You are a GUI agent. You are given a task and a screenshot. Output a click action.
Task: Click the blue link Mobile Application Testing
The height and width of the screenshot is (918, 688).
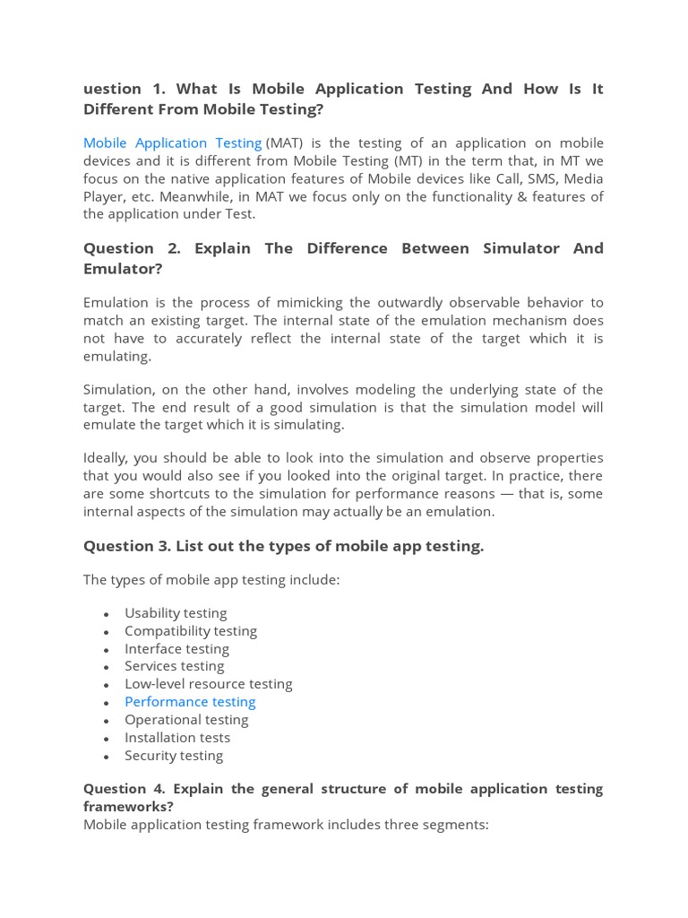pos(172,143)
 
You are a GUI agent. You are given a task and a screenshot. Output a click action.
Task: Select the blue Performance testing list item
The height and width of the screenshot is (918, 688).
pos(190,702)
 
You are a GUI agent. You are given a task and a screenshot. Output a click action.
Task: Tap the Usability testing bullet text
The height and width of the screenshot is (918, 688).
pos(176,613)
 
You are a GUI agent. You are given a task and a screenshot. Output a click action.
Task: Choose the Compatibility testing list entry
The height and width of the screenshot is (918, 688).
pos(191,631)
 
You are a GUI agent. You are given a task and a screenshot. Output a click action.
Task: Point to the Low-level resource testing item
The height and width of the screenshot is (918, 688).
pos(209,684)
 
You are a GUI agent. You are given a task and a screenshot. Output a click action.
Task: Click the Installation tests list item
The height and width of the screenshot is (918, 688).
pos(177,738)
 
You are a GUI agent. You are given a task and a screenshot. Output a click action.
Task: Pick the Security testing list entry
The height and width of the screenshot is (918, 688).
pos(174,756)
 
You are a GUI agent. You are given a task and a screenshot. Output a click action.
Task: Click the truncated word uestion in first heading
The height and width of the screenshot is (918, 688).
pos(112,89)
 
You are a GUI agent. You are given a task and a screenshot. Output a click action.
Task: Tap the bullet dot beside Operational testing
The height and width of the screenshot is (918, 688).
pos(107,721)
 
